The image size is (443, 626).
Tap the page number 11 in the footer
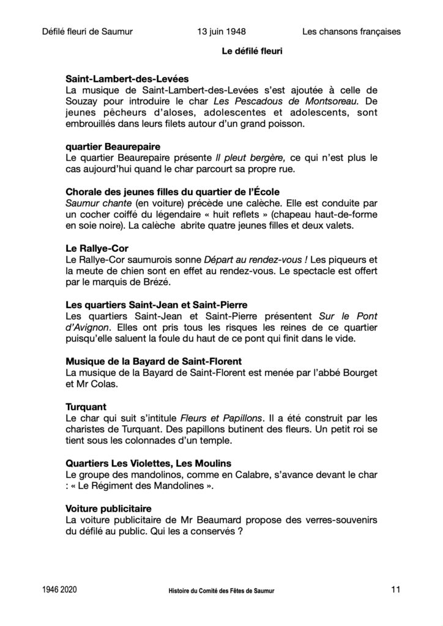(x=395, y=590)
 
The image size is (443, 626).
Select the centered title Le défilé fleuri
(x=251, y=52)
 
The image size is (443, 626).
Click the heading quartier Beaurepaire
(x=113, y=147)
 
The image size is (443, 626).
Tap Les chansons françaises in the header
(x=351, y=31)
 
